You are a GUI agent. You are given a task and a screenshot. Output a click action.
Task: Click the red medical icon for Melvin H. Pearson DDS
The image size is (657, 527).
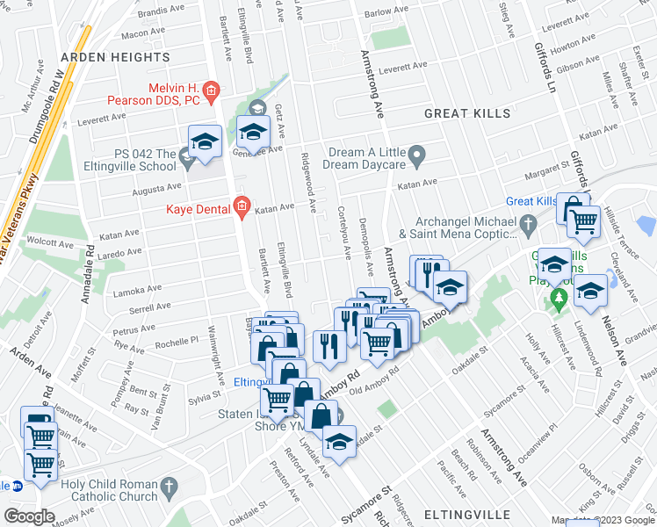[x=211, y=90]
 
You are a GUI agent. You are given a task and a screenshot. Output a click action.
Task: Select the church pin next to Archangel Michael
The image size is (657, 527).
[x=527, y=224]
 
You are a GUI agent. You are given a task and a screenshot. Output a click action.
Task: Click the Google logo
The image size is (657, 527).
[x=30, y=516]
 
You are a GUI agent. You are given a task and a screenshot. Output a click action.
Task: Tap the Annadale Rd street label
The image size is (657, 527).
[x=89, y=274]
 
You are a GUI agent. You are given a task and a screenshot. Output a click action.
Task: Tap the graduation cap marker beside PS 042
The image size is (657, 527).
[x=205, y=142]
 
